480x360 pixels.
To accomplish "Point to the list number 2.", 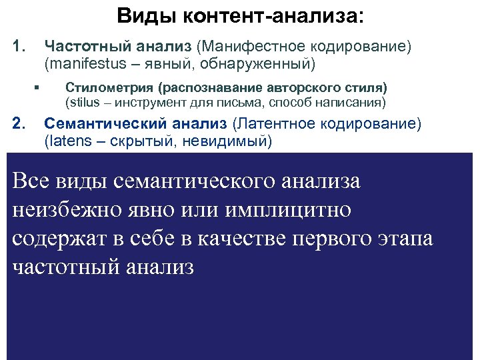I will pyautogui.click(x=19, y=123).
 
